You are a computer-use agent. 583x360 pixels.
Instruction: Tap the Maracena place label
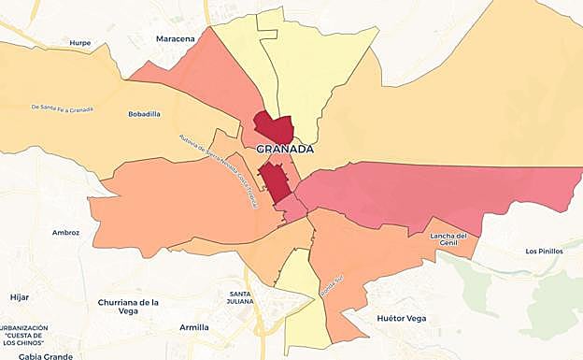pyautogui.click(x=175, y=38)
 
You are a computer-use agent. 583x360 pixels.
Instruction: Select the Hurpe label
pyautogui.click(x=80, y=43)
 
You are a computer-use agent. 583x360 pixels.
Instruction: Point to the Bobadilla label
pyautogui.click(x=144, y=114)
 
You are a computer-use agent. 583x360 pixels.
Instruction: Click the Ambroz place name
pyautogui.click(x=66, y=232)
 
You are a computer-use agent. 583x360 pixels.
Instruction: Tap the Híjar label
pyautogui.click(x=20, y=296)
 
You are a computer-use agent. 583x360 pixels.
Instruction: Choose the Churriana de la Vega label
pyautogui.click(x=128, y=307)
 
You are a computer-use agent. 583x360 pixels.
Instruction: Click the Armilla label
pyautogui.click(x=194, y=327)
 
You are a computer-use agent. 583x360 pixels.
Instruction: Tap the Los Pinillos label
pyautogui.click(x=544, y=251)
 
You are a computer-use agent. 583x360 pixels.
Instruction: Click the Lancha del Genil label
pyautogui.click(x=448, y=239)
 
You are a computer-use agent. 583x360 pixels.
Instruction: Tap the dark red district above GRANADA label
pyautogui.click(x=273, y=128)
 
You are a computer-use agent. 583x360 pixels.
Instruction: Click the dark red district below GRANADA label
pyautogui.click(x=274, y=180)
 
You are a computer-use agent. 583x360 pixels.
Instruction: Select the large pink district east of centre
pyautogui.click(x=430, y=192)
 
